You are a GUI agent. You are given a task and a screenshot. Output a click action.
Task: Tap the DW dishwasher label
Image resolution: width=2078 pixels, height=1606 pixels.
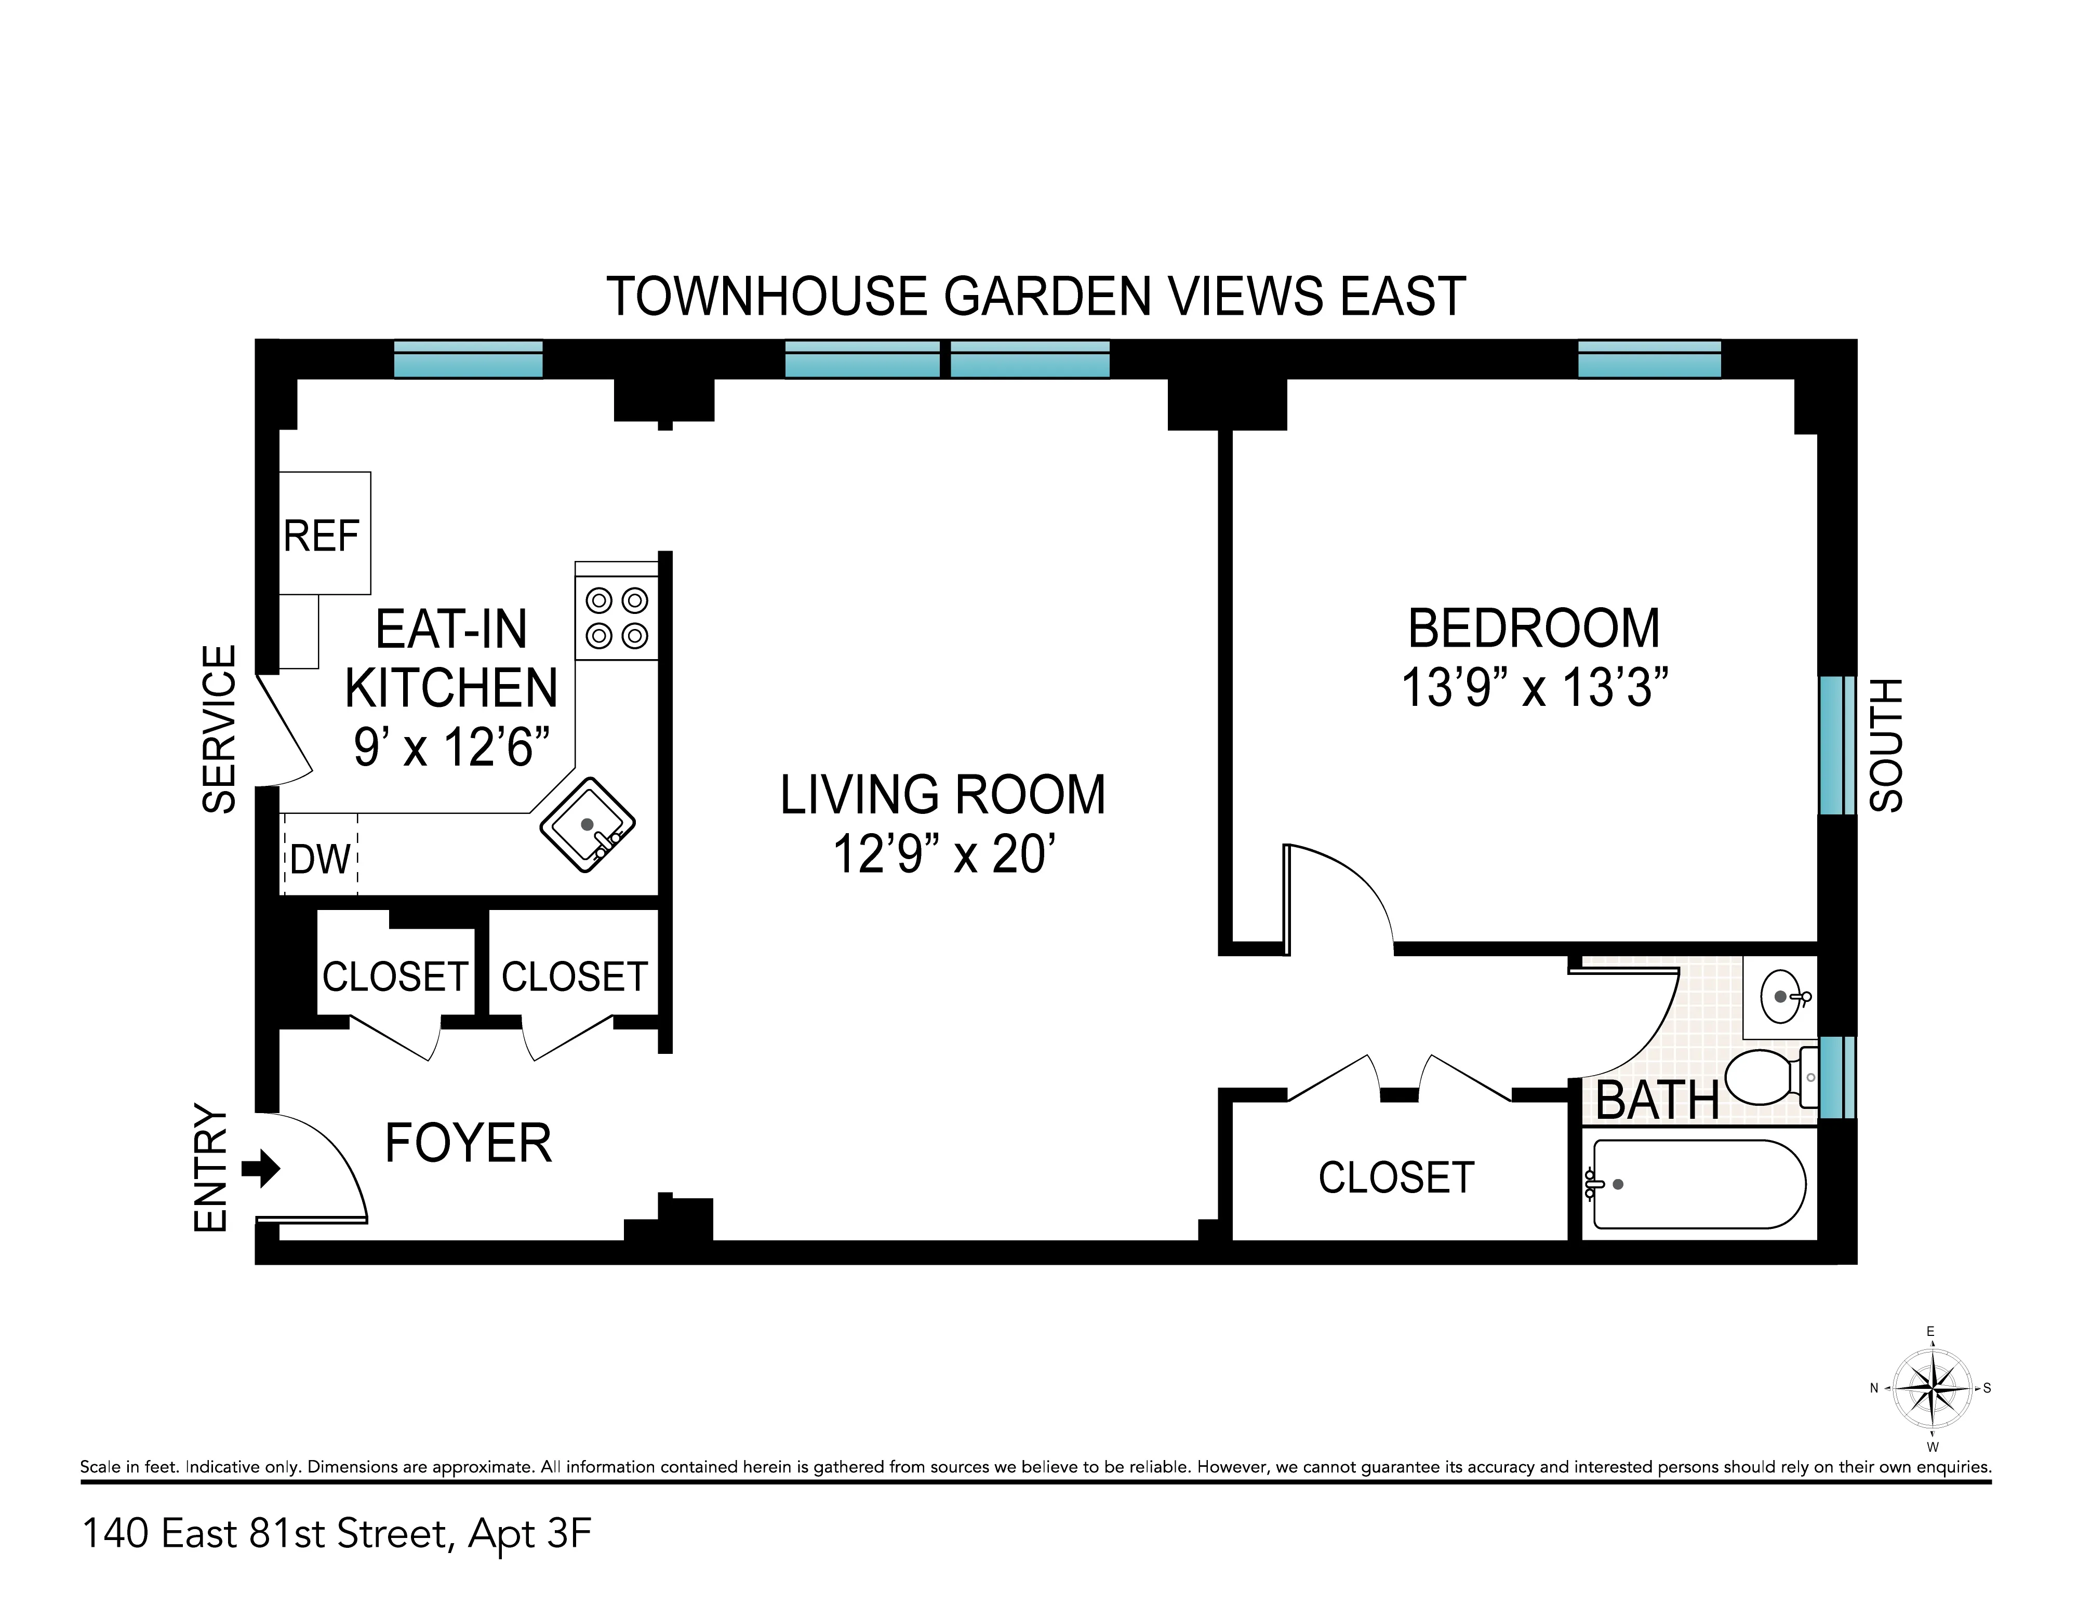pos(321,860)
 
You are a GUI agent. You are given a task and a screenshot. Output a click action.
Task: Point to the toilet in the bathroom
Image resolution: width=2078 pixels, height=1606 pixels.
pos(1765,1077)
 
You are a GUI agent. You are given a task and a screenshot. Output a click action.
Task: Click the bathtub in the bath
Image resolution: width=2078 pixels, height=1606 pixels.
pos(1698,1185)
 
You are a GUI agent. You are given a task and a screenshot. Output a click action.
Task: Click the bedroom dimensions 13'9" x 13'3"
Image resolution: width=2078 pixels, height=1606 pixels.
pos(1534,688)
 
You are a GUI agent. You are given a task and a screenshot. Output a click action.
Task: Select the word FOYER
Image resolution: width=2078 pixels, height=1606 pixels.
pos(468,1144)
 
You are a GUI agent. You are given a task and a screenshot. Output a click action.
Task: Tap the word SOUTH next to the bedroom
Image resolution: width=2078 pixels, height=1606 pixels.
pos(1886,745)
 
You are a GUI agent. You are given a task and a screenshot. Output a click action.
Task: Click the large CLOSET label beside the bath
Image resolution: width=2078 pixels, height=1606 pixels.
pos(1396,1178)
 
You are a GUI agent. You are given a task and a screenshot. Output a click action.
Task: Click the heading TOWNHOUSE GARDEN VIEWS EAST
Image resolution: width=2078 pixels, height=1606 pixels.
pos(1035,297)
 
